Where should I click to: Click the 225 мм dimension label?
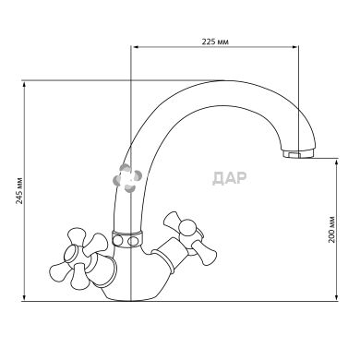coord(215,42)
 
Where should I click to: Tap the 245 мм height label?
coord(19,191)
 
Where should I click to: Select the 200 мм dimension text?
coord(331,230)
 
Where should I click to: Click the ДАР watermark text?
coord(230,178)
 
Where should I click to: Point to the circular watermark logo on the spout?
coord(127,178)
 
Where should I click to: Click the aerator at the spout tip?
coord(298,153)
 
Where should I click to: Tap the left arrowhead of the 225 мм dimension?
coord(135,47)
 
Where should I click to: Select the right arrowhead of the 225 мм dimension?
coord(295,47)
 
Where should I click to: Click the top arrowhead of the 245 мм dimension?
coord(24,86)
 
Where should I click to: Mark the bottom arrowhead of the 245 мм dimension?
coord(24,297)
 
